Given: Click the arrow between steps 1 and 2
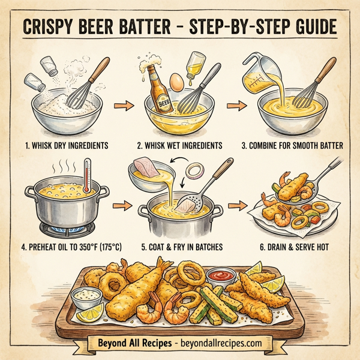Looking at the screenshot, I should [x=122, y=107].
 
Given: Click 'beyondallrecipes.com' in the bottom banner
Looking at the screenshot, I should [x=219, y=343].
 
